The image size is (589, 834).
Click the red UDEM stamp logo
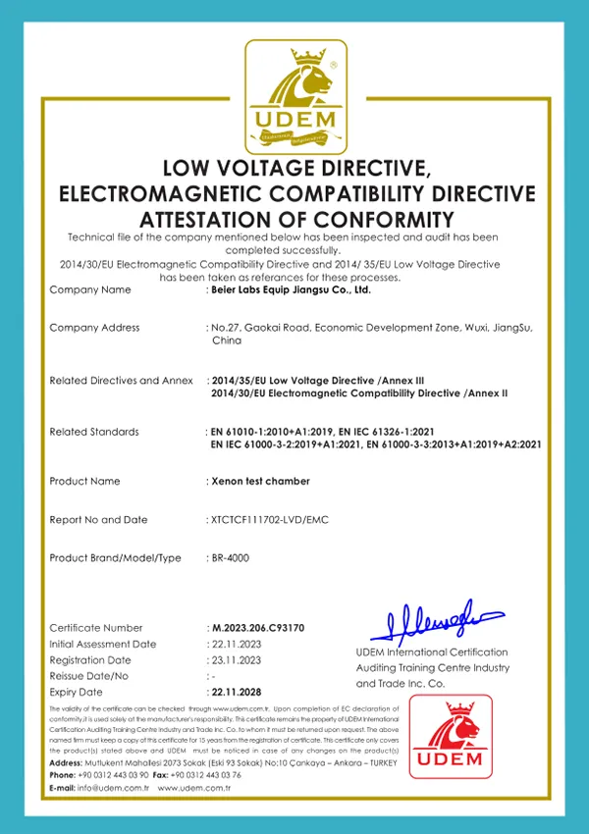tap(451, 736)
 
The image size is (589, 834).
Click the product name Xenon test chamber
tap(260, 481)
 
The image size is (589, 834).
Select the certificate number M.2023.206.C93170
tap(258, 628)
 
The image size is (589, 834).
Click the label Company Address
tap(94, 328)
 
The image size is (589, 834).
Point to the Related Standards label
tap(94, 432)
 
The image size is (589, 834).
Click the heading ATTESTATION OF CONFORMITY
tap(295, 218)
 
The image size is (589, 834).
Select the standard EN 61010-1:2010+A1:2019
tap(271, 432)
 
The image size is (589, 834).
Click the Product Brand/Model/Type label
tap(115, 557)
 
